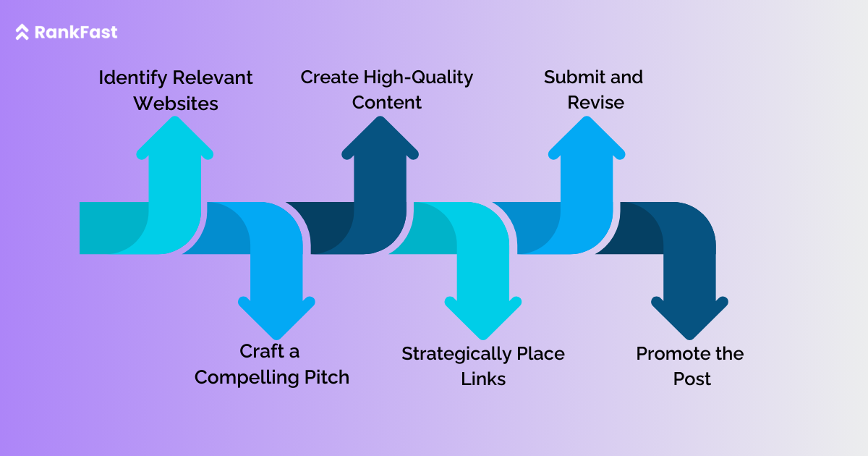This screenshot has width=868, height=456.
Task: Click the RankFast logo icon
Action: point(22,33)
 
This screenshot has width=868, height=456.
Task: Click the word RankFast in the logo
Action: point(76,33)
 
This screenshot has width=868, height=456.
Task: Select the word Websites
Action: point(176,104)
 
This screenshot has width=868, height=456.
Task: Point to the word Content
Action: point(387,102)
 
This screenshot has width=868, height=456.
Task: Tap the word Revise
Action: point(595,102)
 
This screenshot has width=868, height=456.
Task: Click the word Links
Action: point(483,379)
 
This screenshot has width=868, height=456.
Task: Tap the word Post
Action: point(692,379)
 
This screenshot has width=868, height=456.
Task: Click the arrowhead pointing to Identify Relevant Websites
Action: point(175,138)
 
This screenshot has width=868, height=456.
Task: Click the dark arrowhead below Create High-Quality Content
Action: point(380,138)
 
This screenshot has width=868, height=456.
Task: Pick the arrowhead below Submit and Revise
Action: point(587,138)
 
